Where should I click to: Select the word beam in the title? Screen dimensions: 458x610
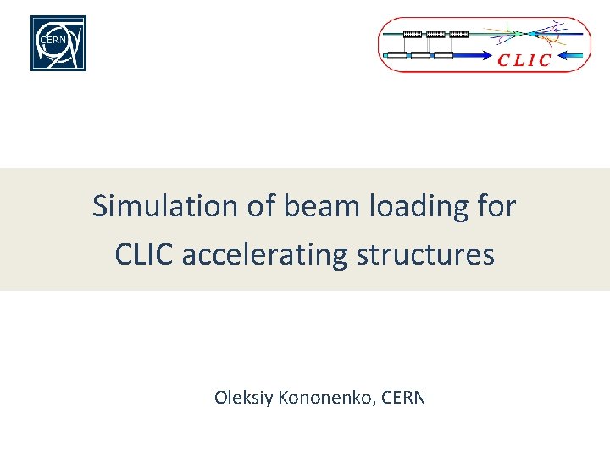click(299, 206)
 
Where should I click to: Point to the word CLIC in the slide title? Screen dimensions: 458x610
click(145, 254)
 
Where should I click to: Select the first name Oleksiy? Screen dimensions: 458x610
click(242, 397)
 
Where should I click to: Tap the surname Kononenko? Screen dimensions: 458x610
click(324, 397)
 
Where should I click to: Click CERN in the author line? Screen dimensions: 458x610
click(403, 397)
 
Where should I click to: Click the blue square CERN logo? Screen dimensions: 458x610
click(58, 43)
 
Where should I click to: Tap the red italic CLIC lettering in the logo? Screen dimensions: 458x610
click(524, 60)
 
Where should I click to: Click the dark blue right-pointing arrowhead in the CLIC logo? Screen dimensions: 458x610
click(491, 56)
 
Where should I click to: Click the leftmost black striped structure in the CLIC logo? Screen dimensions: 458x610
click(413, 34)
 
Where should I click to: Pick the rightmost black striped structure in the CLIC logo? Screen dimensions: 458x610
click(458, 34)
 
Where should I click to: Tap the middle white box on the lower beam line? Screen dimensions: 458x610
click(421, 56)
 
